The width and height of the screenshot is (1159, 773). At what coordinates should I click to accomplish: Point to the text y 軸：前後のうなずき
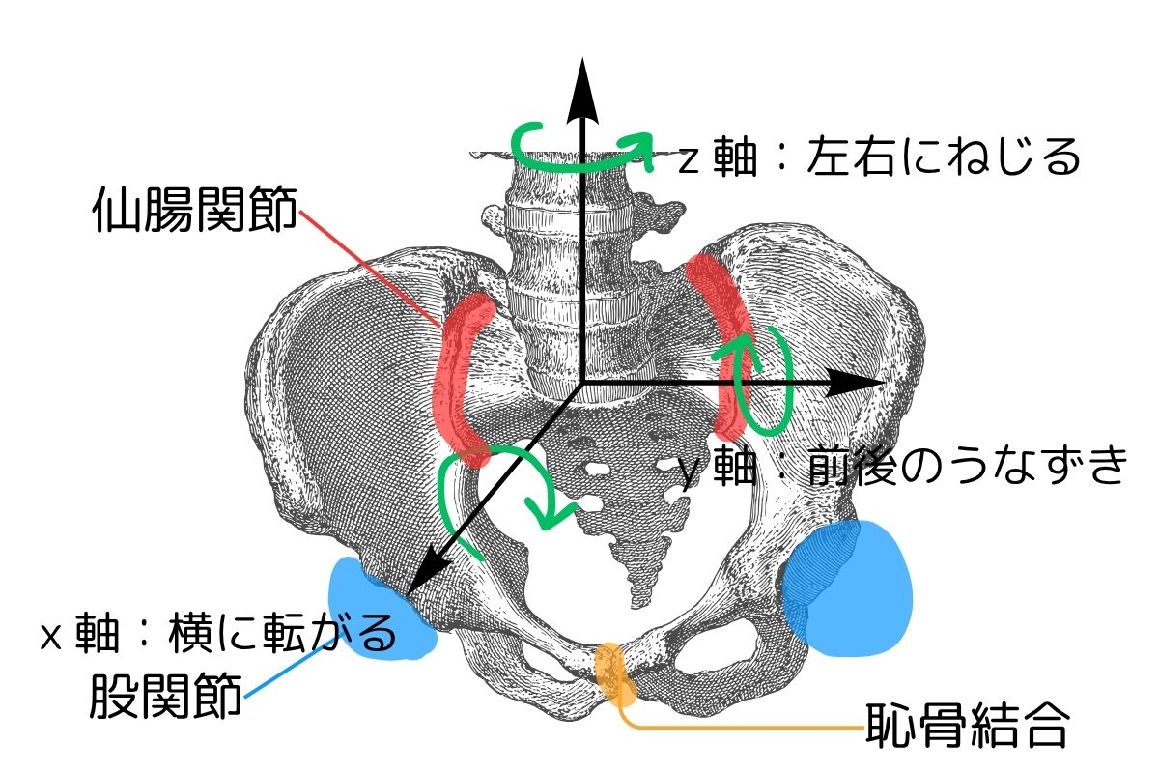[903, 467]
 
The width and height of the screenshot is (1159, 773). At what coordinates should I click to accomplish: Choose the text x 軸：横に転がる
[218, 635]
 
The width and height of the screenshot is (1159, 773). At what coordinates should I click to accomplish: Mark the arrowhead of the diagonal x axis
[418, 582]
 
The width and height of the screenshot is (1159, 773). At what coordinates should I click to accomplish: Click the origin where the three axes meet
[579, 384]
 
